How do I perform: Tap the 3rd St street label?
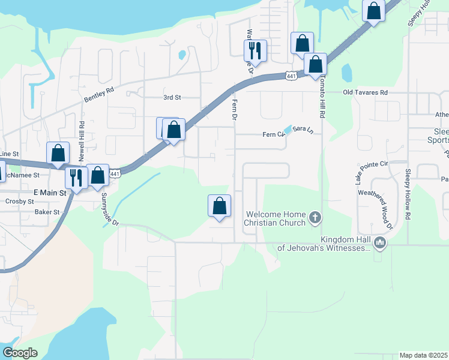[172, 97]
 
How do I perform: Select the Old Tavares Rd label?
[365, 92]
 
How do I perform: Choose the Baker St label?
[47, 212]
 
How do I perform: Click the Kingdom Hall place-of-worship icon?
[379, 243]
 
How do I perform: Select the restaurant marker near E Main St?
[76, 177]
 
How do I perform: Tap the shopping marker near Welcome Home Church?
[220, 206]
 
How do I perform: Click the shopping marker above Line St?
[58, 153]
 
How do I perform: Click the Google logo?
[20, 353]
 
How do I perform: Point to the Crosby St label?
[19, 202]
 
